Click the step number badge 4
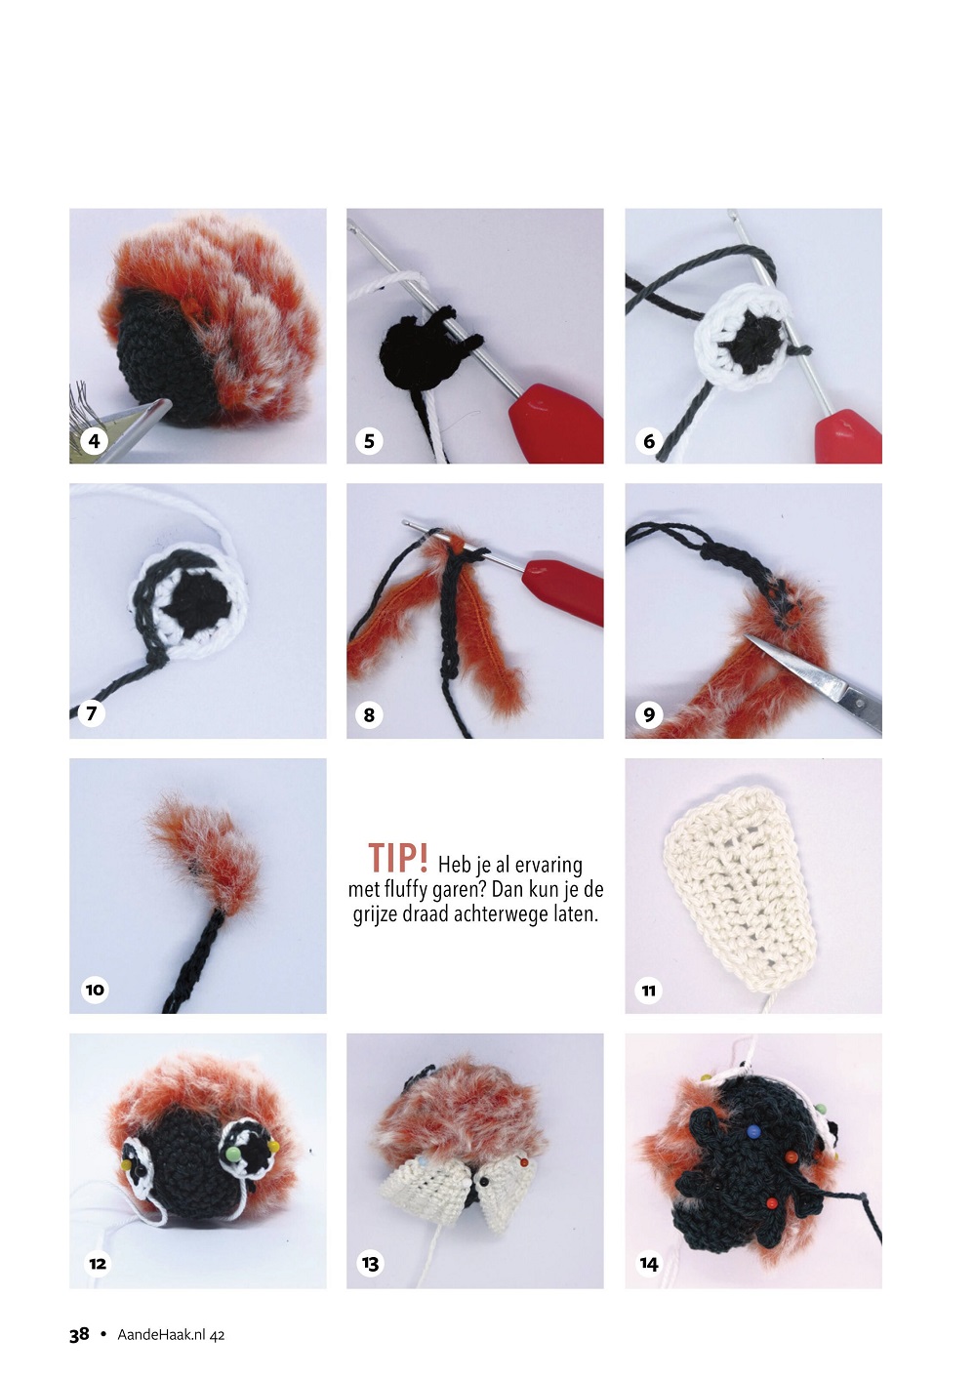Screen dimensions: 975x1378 pyautogui.click(x=94, y=441)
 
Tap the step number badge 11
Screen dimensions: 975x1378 pyautogui.click(x=649, y=991)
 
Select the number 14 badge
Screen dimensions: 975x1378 pyautogui.click(x=649, y=1264)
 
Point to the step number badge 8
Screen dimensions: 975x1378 pyautogui.click(x=369, y=714)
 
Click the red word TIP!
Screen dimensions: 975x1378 pyautogui.click(x=398, y=858)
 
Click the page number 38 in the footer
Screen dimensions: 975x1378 pyautogui.click(x=79, y=1334)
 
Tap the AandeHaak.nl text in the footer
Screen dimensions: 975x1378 pyautogui.click(x=162, y=1335)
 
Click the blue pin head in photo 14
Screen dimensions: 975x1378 pyautogui.click(x=752, y=1131)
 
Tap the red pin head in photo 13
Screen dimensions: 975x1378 pyautogui.click(x=523, y=1160)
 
